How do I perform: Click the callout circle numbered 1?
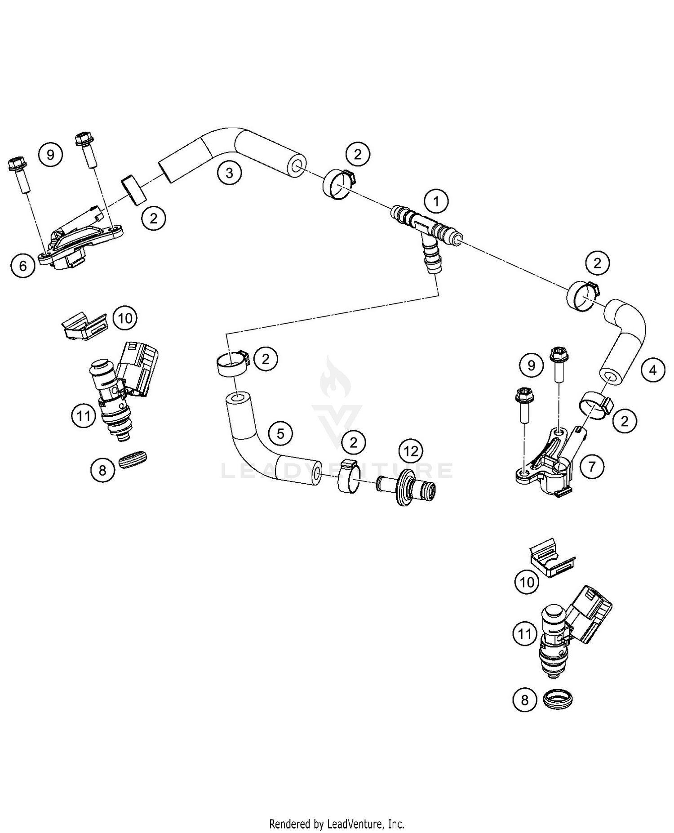tap(436, 201)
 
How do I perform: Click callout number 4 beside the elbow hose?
tap(653, 370)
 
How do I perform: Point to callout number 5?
tap(280, 433)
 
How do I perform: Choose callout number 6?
tap(23, 266)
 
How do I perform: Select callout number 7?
tap(592, 467)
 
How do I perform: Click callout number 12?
tap(411, 451)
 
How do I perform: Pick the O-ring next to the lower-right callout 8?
tap(558, 698)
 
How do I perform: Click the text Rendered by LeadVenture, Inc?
tap(337, 824)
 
